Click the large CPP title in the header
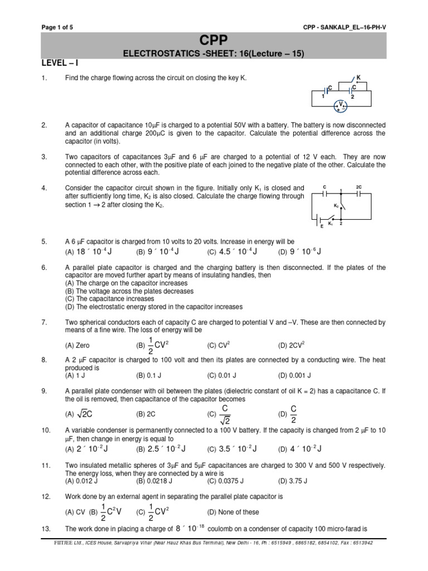[214, 41]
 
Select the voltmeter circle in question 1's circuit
[343, 104]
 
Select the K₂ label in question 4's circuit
[337, 206]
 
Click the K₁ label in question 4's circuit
[331, 224]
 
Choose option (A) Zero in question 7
[78, 345]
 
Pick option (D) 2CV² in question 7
[293, 345]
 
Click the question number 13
[46, 529]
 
